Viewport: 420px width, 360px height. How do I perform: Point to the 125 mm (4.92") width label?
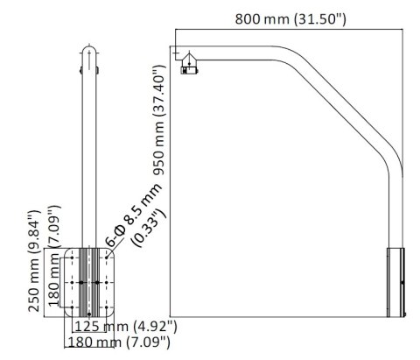coord(126,327)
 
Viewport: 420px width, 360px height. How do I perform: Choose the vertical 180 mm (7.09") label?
coord(54,278)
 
